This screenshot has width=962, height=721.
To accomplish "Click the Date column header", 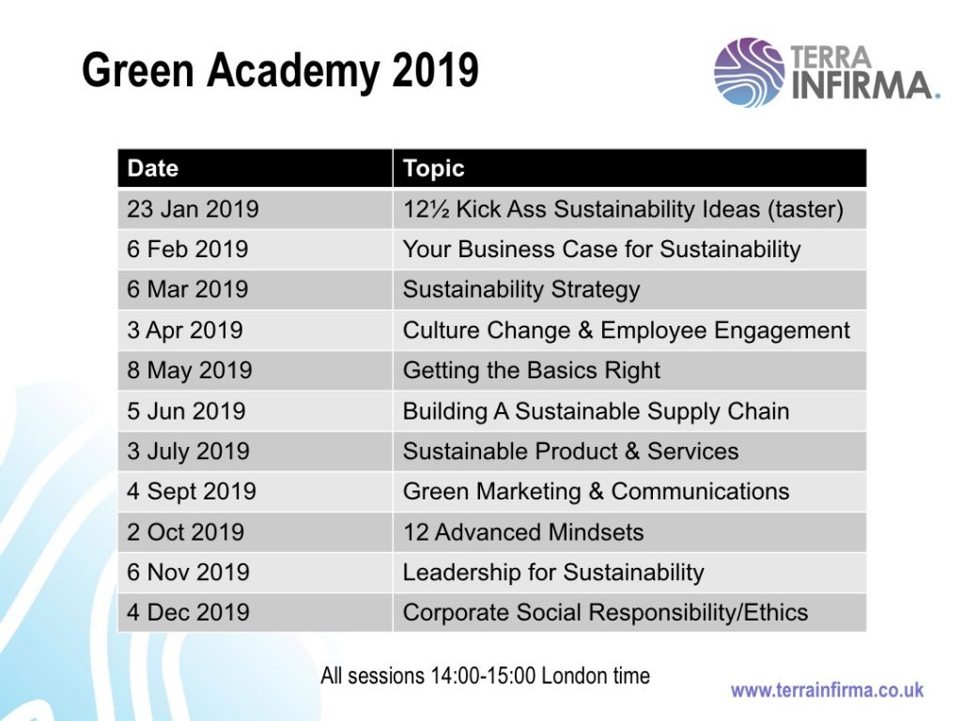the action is (x=153, y=168).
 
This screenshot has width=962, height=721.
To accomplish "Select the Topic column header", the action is (x=433, y=168).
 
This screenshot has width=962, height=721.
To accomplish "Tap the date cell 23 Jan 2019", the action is (x=193, y=209).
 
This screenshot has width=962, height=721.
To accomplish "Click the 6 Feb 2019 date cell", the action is (x=187, y=250).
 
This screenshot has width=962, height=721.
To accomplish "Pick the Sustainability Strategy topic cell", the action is (x=520, y=290).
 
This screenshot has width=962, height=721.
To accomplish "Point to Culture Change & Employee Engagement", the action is (x=626, y=330).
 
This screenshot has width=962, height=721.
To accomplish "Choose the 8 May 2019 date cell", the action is (x=189, y=371).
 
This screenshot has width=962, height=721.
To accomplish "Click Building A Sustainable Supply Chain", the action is (x=596, y=411).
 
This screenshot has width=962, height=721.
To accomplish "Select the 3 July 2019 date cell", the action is (x=188, y=452).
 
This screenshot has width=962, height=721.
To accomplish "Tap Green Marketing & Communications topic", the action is (x=596, y=492).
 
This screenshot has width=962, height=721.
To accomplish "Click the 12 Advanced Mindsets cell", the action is (x=523, y=532).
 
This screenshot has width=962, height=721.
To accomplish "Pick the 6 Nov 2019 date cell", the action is (x=188, y=573).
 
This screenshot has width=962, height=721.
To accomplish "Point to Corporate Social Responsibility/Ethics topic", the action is (x=605, y=612).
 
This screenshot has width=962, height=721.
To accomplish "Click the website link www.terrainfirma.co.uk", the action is (x=827, y=690).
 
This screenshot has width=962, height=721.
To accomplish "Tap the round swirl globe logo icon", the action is (x=749, y=72).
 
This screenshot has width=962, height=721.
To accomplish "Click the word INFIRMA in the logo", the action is (x=865, y=85).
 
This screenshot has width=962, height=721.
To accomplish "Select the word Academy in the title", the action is (x=294, y=71).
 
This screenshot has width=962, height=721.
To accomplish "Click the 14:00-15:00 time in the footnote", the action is (x=484, y=676).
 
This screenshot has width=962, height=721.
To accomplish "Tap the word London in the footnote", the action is (x=573, y=676).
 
